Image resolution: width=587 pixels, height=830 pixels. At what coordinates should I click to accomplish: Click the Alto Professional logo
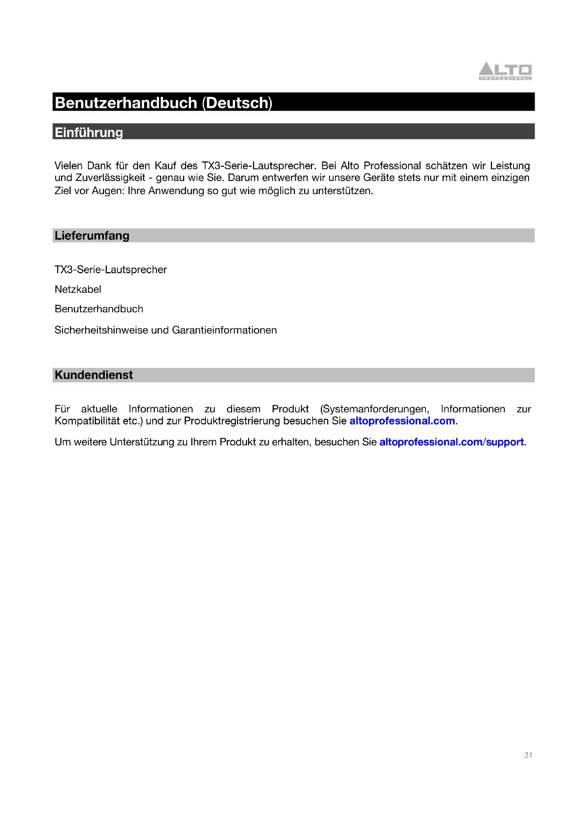pyautogui.click(x=505, y=71)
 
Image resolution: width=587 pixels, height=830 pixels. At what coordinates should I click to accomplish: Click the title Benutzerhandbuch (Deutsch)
pyautogui.click(x=163, y=103)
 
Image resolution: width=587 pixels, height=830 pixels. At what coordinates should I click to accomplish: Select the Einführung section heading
pyautogui.click(x=89, y=132)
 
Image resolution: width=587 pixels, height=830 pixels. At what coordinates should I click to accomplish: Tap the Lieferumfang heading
pyautogui.click(x=92, y=236)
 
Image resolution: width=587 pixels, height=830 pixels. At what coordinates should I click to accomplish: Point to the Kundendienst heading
pyautogui.click(x=94, y=375)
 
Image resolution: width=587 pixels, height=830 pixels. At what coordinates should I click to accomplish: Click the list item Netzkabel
pyautogui.click(x=78, y=290)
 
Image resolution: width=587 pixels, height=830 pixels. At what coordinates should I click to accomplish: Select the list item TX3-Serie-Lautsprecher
pyautogui.click(x=111, y=270)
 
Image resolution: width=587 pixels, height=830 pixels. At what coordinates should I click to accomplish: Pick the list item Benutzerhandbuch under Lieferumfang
pyautogui.click(x=99, y=309)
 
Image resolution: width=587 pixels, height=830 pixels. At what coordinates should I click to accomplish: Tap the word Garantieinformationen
pyautogui.click(x=224, y=330)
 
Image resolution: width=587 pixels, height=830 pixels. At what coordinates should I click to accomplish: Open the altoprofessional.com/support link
pyautogui.click(x=451, y=442)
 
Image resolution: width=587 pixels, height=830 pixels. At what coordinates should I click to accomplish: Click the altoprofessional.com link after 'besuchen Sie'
pyautogui.click(x=402, y=421)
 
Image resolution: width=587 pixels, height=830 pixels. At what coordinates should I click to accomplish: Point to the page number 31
pyautogui.click(x=528, y=755)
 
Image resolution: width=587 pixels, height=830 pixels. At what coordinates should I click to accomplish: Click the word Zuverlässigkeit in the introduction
pyautogui.click(x=110, y=178)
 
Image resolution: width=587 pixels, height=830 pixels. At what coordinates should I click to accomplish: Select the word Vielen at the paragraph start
pyautogui.click(x=68, y=166)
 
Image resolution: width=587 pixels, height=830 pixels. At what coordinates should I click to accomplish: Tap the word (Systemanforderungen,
pyautogui.click(x=374, y=409)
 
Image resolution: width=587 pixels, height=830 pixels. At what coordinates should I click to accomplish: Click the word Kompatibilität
pyautogui.click(x=87, y=421)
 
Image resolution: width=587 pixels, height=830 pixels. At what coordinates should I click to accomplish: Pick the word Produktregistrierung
pyautogui.click(x=232, y=421)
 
